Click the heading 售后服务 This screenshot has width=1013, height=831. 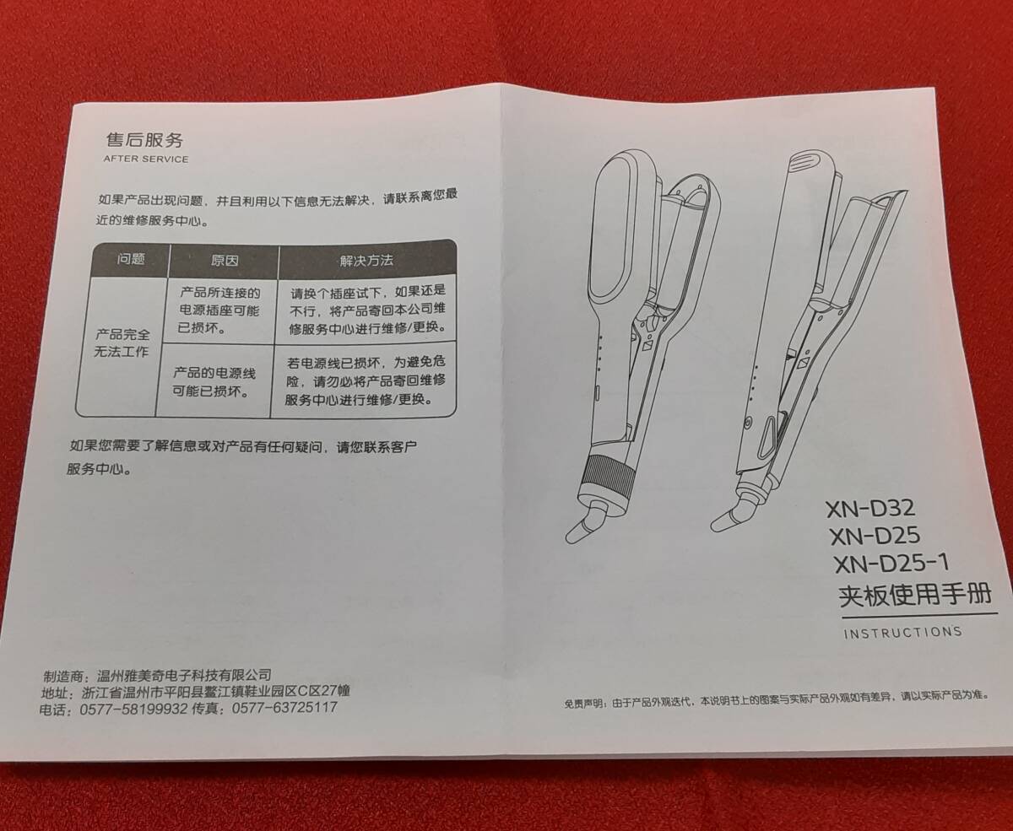point(144,138)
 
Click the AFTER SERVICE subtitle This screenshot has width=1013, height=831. point(145,159)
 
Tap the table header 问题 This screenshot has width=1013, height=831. point(131,259)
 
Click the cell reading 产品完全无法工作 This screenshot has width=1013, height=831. point(121,343)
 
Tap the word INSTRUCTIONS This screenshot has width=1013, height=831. point(902,632)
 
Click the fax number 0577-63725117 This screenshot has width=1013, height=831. point(284,708)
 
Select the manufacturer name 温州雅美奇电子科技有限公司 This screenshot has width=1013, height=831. point(184,675)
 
